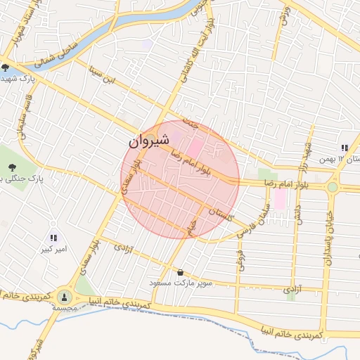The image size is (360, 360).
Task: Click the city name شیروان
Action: [x=148, y=141]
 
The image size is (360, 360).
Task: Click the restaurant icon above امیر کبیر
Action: [x=54, y=238]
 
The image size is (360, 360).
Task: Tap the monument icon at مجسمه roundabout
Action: [x=65, y=297]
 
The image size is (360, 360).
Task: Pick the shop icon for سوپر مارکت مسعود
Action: [x=181, y=272]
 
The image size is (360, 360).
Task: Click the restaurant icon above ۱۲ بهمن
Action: [x=345, y=148]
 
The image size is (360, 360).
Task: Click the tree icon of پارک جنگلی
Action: [x=12, y=167]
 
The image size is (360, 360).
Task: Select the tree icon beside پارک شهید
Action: [x=6, y=68]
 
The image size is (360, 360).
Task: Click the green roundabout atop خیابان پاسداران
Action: [x=332, y=187]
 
